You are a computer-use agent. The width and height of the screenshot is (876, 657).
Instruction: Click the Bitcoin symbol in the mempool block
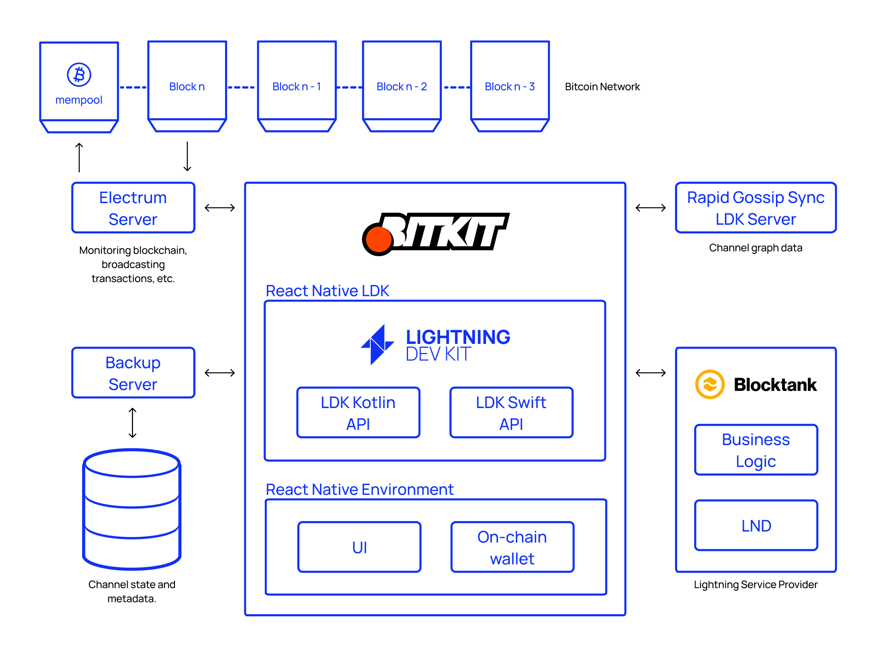79,75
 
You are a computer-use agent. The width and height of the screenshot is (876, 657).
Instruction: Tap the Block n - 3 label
509,87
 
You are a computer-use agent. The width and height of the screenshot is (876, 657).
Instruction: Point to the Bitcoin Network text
602,87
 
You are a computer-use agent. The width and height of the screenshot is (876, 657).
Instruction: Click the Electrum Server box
133,208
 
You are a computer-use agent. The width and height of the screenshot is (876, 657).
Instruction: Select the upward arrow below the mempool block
79,157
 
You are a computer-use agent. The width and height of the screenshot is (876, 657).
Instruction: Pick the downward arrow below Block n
187,157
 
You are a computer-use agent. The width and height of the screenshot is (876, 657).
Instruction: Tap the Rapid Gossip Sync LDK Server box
755,208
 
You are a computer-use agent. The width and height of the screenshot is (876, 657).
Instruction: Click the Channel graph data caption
755,248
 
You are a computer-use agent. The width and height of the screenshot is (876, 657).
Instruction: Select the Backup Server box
133,373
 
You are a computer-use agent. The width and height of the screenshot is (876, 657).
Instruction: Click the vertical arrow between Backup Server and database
133,423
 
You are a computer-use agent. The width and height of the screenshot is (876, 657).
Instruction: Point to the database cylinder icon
132,509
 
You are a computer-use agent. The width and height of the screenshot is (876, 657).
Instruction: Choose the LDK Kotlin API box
358,413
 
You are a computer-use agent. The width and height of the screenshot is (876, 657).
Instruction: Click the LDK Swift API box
511,413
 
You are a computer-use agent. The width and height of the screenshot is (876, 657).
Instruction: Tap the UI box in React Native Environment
359,547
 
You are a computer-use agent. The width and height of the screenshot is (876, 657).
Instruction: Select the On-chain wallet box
512,547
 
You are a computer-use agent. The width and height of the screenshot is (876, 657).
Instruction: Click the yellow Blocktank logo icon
710,384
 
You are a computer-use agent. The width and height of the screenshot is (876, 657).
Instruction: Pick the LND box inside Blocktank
756,525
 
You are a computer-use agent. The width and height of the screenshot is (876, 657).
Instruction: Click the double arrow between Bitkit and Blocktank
651,373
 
